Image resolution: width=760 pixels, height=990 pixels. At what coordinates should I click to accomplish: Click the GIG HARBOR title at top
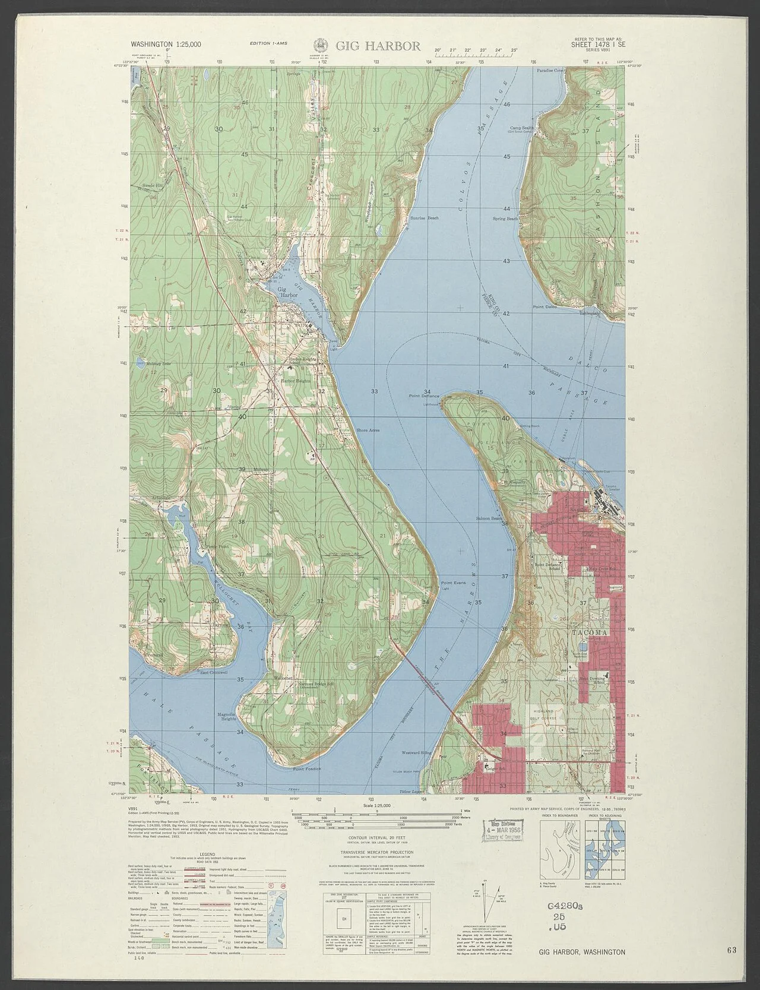pyautogui.click(x=378, y=46)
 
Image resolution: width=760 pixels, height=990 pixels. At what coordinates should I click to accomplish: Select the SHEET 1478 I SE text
pyautogui.click(x=599, y=44)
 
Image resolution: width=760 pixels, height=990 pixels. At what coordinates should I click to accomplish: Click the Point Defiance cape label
pyautogui.click(x=423, y=395)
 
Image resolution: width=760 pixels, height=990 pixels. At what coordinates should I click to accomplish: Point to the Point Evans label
pyautogui.click(x=453, y=583)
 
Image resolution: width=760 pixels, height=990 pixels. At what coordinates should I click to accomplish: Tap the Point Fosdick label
pyautogui.click(x=306, y=768)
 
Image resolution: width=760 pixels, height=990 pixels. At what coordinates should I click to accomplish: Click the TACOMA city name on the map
pyautogui.click(x=590, y=633)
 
